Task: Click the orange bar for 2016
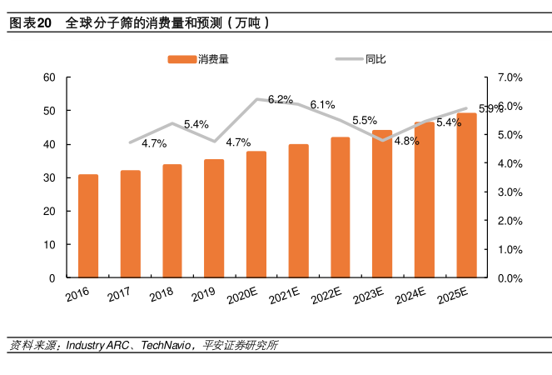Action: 88,226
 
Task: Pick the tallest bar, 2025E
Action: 467,195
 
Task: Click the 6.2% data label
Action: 280,100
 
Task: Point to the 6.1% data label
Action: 322,105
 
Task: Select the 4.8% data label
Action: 406,141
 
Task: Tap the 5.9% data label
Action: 491,108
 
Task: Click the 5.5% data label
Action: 365,120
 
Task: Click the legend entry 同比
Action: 375,59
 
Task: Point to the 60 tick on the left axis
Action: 49,77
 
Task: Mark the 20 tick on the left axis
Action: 49,211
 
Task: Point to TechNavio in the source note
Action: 166,345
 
